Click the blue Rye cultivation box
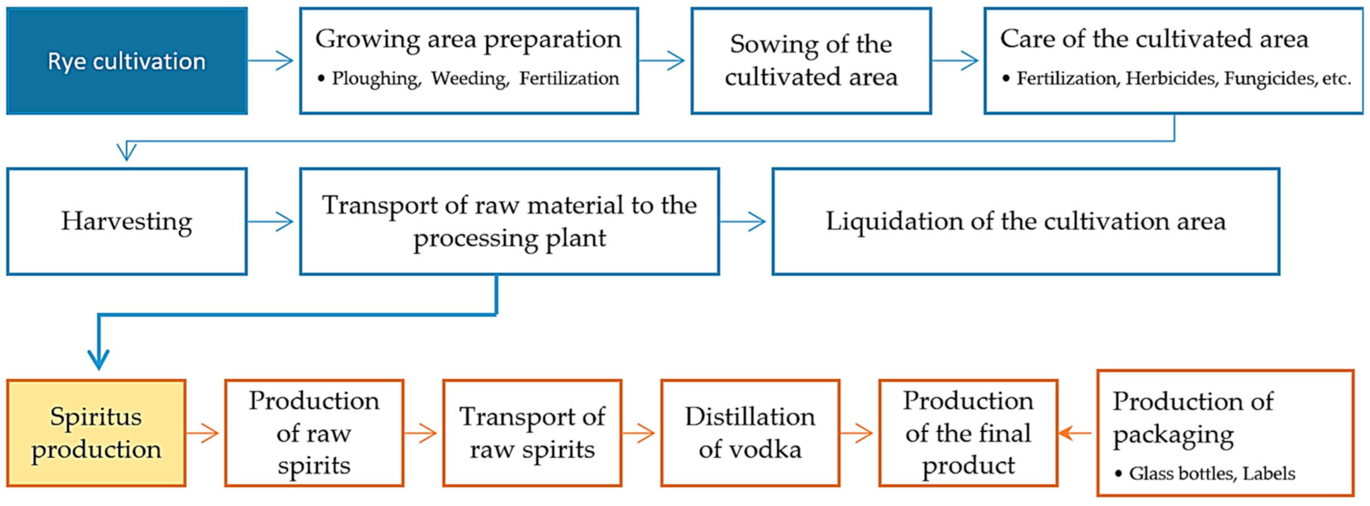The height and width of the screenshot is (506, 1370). [x=126, y=61]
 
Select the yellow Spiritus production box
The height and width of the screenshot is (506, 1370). [x=96, y=433]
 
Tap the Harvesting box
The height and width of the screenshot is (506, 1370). [x=126, y=221]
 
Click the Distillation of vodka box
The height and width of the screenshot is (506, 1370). [x=750, y=433]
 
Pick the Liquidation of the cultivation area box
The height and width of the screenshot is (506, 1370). [x=1026, y=221]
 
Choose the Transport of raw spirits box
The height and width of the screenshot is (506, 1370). [x=532, y=433]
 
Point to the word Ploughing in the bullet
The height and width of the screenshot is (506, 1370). [x=376, y=79]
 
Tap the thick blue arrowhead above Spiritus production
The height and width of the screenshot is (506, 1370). [x=99, y=359]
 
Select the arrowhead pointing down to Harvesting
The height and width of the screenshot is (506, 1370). [x=126, y=151]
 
